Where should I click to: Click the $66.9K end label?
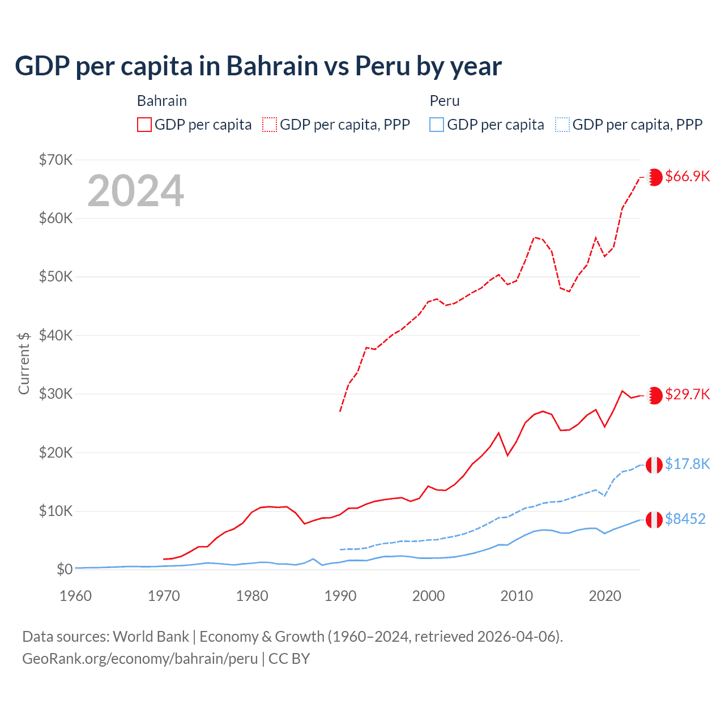coord(687,176)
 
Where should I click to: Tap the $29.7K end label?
coord(687,394)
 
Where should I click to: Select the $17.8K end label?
coord(687,464)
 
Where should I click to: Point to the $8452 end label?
coord(685,519)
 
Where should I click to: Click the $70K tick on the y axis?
coord(56,160)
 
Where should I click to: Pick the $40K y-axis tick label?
coord(56,335)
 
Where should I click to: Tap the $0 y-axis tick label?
coord(65,569)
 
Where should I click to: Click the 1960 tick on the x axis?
coord(76,596)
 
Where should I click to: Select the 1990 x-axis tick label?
coord(340,596)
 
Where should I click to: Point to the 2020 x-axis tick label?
coord(605,596)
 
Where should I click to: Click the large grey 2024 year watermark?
coord(136,191)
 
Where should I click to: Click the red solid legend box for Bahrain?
coord(144,125)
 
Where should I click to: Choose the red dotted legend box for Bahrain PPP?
coord(270,125)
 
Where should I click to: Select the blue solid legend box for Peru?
coord(437,125)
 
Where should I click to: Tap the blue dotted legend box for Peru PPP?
coord(562,125)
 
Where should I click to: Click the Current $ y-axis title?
coord(24,363)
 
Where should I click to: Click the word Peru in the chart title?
coord(382,66)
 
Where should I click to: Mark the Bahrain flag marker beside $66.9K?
coord(654,177)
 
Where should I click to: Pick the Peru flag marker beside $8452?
coord(654,519)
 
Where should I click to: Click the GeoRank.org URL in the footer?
coord(140,659)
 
